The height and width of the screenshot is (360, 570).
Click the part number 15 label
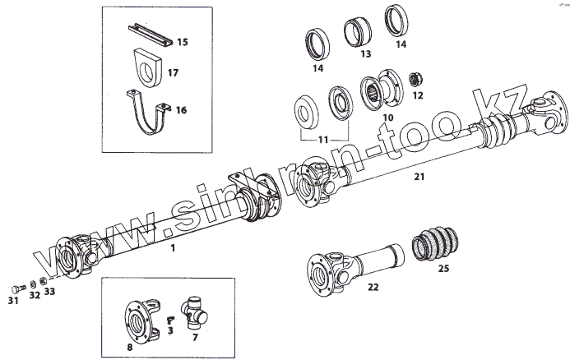(x=182, y=41)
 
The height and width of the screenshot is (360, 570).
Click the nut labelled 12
(x=416, y=80)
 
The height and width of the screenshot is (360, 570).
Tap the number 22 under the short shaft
(x=373, y=287)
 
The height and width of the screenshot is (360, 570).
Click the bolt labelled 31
(x=17, y=287)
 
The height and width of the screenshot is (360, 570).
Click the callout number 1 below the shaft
(x=173, y=247)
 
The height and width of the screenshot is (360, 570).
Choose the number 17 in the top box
(x=173, y=72)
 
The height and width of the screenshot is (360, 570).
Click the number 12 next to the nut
(x=417, y=95)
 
